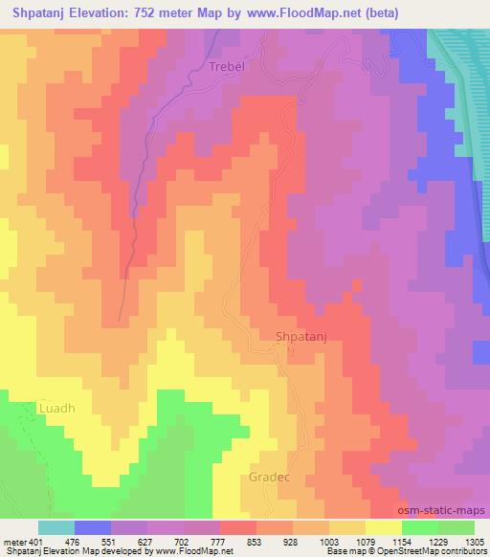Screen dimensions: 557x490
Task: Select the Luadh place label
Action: [56, 408]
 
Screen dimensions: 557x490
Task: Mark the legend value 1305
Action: [473, 541]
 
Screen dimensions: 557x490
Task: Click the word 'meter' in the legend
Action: [13, 541]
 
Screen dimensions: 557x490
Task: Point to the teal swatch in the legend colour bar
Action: [56, 527]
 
